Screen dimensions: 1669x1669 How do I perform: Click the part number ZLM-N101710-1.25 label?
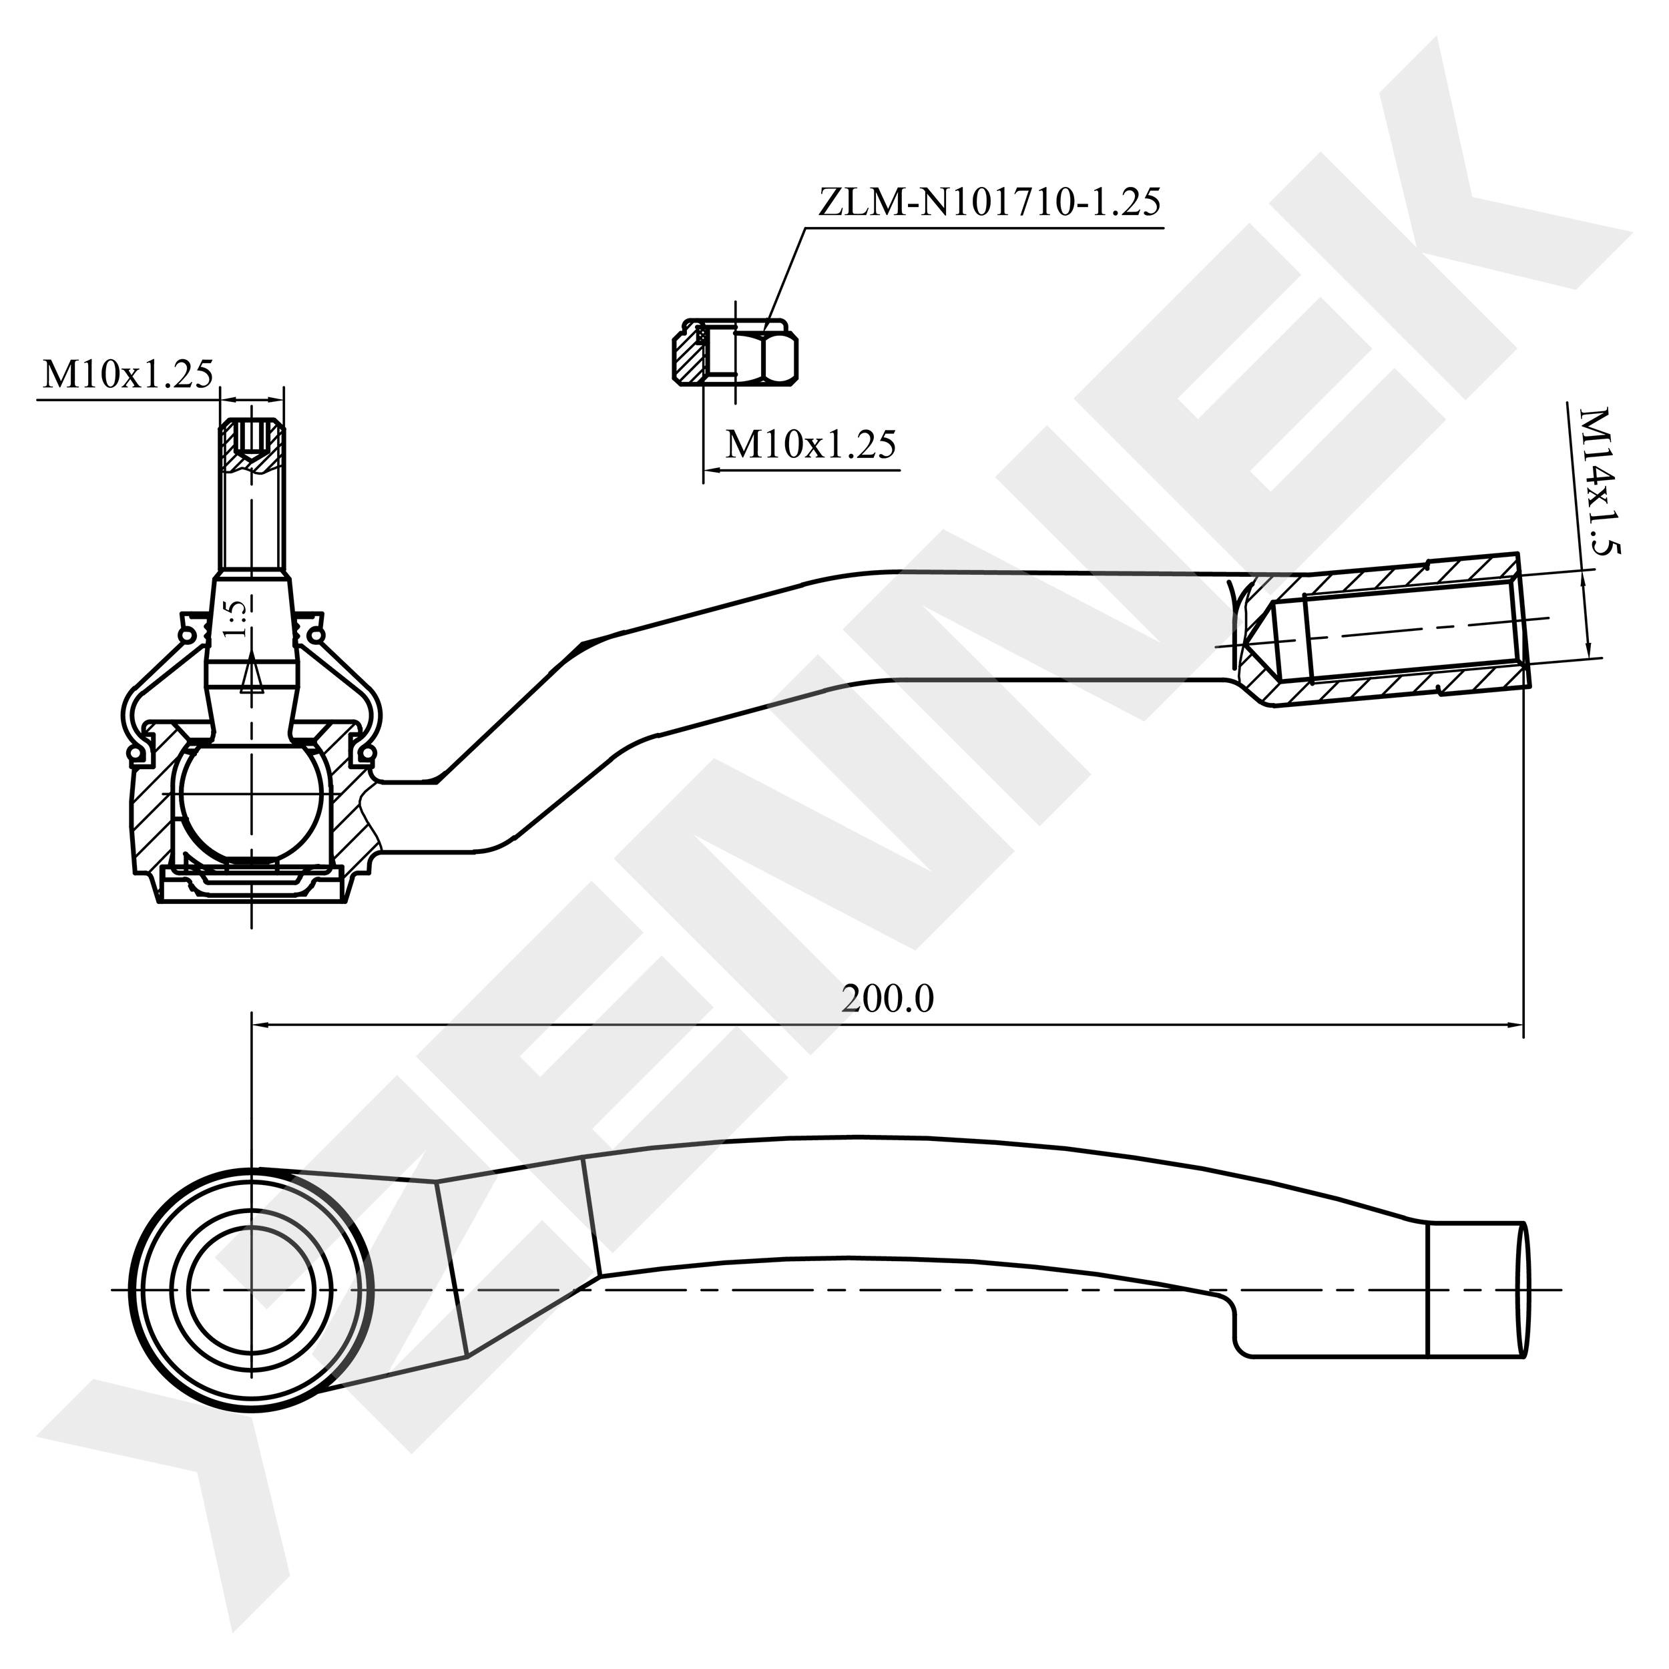pos(989,203)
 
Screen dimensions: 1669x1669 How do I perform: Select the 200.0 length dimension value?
pos(887,999)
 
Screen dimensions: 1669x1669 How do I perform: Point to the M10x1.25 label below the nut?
pos(810,444)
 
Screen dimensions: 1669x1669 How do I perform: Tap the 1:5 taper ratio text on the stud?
pos(235,619)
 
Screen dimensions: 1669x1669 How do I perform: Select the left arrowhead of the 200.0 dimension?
pos(260,1025)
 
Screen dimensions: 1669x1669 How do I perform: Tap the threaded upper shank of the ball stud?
pos(252,518)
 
